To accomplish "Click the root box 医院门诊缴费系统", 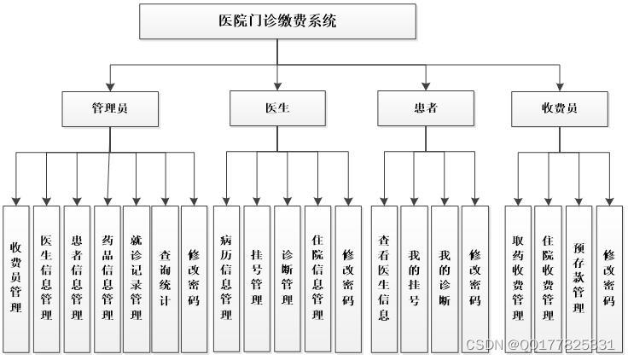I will (277, 21).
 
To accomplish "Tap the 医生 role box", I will (277, 108).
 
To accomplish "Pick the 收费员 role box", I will (559, 108).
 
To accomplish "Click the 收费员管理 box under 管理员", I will (16, 278).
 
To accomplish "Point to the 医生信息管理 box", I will (47, 278).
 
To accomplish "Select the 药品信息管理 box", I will (108, 278).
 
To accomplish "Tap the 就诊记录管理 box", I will (137, 278).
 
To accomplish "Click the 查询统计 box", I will (166, 278).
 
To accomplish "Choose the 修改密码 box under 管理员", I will (195, 278).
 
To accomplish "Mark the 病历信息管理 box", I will (226, 278).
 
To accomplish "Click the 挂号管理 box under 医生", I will (257, 278).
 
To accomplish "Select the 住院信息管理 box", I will (317, 278).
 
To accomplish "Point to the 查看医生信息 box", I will (384, 278).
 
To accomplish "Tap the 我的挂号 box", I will (414, 278).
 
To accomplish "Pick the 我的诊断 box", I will (445, 278).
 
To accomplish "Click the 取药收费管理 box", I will (518, 278).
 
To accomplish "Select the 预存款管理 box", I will (579, 278).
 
